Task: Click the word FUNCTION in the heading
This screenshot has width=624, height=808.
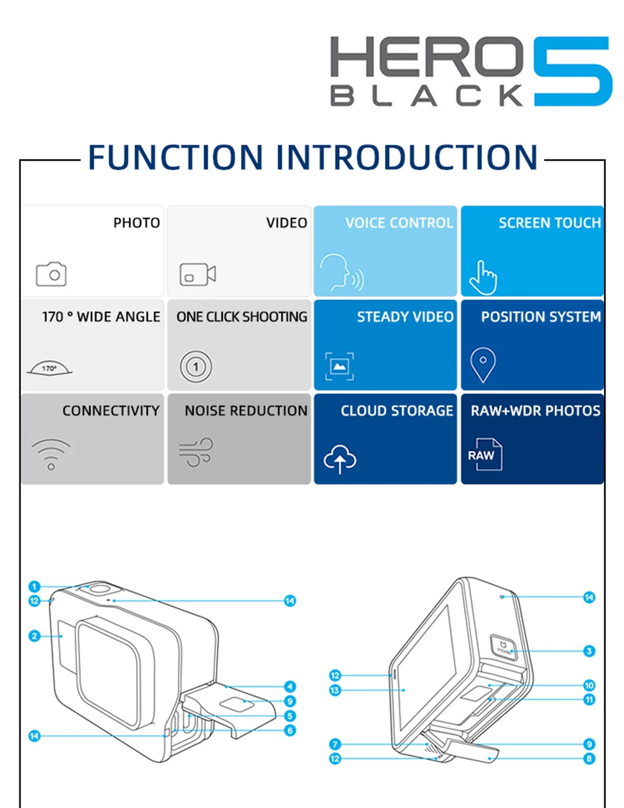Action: pyautogui.click(x=175, y=158)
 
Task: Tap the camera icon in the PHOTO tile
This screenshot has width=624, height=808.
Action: pyautogui.click(x=51, y=274)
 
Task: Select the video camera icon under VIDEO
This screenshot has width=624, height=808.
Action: pyautogui.click(x=198, y=274)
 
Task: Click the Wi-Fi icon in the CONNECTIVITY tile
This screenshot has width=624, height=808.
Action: pyautogui.click(x=51, y=454)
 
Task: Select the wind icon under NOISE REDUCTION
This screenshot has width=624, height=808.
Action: pyautogui.click(x=196, y=452)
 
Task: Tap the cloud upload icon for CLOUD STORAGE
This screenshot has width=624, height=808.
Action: pyautogui.click(x=340, y=459)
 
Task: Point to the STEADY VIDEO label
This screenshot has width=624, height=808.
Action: pyautogui.click(x=405, y=317)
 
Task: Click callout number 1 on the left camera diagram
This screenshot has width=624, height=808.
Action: pyautogui.click(x=35, y=587)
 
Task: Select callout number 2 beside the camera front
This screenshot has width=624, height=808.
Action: pyautogui.click(x=35, y=635)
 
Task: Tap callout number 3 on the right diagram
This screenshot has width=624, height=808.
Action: pyautogui.click(x=589, y=651)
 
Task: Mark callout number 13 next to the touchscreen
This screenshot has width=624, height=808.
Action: pyautogui.click(x=335, y=690)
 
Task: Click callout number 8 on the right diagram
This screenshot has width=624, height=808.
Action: pyautogui.click(x=589, y=759)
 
